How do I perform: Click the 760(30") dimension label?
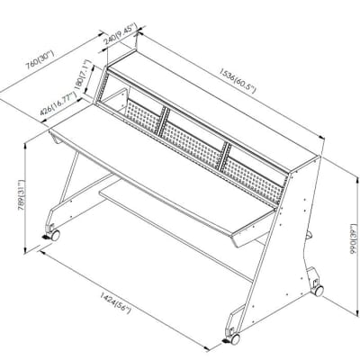point(40,60)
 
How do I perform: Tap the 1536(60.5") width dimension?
point(238,80)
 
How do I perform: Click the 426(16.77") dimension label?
point(58,104)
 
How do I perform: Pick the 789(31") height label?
point(22,195)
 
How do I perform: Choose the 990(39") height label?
point(354,238)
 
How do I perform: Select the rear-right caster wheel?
point(318,290)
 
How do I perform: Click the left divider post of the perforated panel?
point(163,121)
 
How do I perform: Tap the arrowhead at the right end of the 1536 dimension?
point(321,138)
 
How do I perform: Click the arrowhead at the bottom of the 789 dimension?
point(25,250)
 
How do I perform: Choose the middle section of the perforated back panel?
point(193,147)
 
